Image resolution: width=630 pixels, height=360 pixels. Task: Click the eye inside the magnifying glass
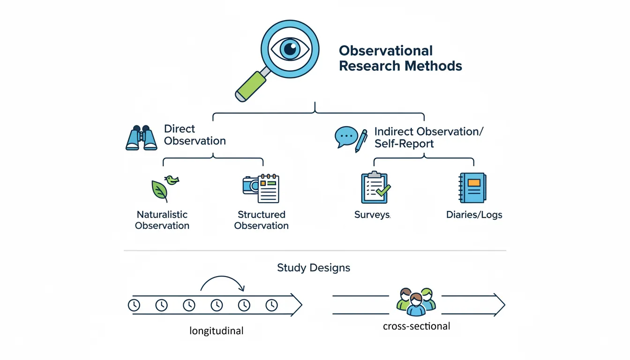point(289,48)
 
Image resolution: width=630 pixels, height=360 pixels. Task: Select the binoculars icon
point(141,137)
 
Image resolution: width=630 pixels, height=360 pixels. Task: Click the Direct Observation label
point(195,135)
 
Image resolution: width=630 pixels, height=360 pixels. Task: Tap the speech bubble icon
point(346,136)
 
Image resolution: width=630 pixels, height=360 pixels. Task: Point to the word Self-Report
point(404,143)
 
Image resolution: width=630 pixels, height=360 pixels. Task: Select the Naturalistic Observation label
point(162,220)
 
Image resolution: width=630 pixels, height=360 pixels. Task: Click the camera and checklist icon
point(261,188)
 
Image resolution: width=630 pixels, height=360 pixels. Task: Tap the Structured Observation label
point(261,220)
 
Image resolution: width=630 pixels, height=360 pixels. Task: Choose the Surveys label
point(372,215)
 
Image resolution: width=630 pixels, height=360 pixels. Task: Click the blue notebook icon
point(472,187)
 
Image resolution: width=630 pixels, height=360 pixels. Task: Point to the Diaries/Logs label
point(474,215)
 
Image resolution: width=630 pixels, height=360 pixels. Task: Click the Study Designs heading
point(313,268)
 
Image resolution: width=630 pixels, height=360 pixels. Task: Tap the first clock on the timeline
point(134,305)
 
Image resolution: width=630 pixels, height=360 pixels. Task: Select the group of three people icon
point(416,301)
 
